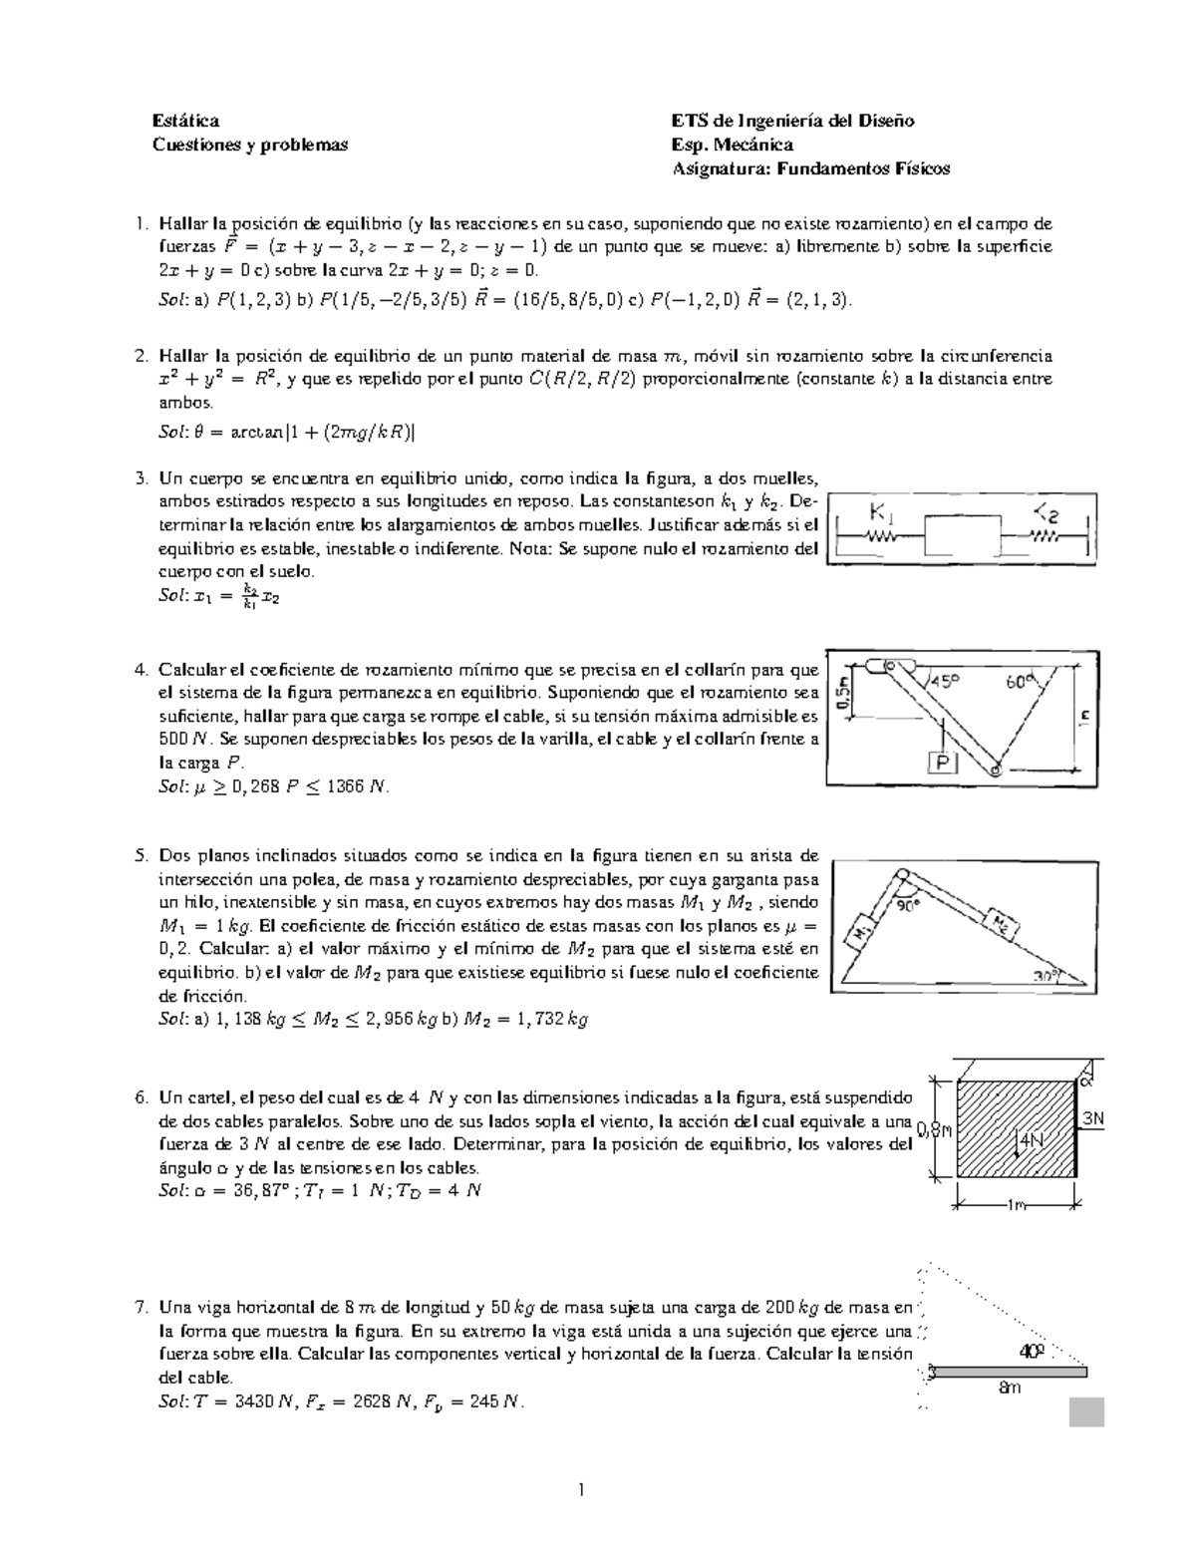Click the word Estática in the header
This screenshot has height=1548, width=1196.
[185, 121]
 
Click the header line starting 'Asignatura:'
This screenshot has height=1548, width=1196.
[810, 168]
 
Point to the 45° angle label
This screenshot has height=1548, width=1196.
[946, 682]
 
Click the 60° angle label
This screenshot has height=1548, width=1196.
[1022, 683]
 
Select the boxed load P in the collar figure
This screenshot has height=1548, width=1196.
[942, 763]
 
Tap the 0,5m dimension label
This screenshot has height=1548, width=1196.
[844, 691]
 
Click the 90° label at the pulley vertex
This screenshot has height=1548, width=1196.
[908, 906]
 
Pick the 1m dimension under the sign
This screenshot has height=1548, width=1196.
[1016, 1206]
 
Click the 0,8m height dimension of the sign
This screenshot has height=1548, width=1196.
[935, 1129]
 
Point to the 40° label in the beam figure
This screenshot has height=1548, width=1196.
[1032, 1352]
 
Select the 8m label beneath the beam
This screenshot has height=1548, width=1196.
[1010, 1387]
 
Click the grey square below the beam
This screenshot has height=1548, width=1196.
[1085, 1412]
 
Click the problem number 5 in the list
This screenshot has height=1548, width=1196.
[141, 855]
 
